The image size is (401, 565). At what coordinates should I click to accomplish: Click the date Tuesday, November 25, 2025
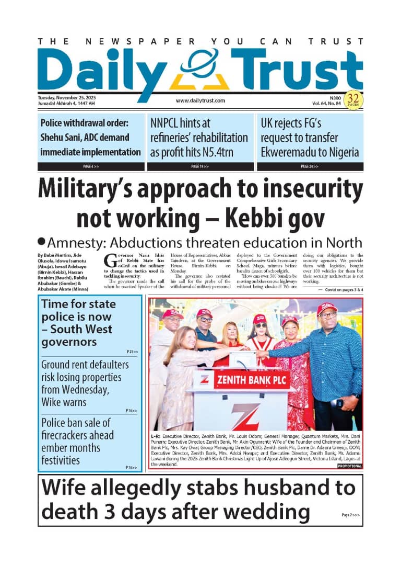tap(66, 98)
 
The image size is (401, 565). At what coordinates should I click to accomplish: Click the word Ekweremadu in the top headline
tap(292, 152)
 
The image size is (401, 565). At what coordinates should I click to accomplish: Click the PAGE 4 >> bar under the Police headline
tap(91, 166)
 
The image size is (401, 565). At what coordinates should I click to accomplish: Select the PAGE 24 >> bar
tap(310, 166)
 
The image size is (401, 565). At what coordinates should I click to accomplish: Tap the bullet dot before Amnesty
tap(42, 242)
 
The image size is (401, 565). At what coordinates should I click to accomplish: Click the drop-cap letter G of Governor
tap(110, 260)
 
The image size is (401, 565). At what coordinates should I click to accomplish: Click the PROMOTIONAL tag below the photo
tap(349, 466)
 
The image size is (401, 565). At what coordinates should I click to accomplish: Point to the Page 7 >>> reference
tap(350, 515)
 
